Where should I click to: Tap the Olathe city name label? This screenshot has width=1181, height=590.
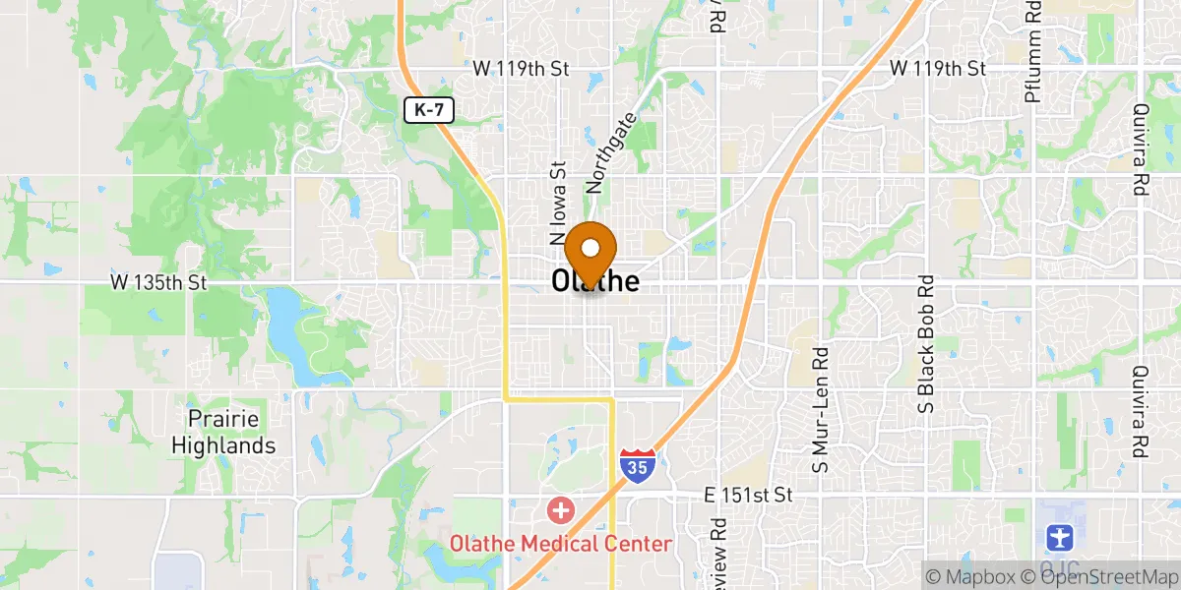[x=596, y=282]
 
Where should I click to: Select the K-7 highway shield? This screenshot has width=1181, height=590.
[x=429, y=111]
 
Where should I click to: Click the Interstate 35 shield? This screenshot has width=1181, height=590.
[x=636, y=466]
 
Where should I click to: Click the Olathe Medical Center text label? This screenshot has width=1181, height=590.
[x=561, y=544]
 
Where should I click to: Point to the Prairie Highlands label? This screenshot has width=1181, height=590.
[x=223, y=433]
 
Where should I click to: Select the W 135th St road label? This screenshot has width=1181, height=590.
[x=158, y=282]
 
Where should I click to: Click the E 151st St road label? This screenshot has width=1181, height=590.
[x=749, y=494]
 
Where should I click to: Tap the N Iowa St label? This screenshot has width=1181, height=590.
[x=558, y=203]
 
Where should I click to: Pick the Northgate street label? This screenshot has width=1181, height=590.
[x=611, y=152]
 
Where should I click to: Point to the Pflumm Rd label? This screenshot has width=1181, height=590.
[x=1032, y=39]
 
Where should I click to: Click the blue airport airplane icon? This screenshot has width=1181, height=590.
[x=1058, y=538]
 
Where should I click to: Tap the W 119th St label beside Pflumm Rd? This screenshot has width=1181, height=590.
[x=938, y=68]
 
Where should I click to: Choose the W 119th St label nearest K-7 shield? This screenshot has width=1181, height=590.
[x=522, y=68]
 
